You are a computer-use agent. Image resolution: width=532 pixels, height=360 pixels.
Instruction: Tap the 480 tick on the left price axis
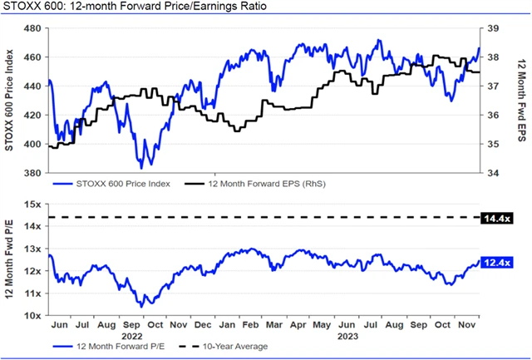tap(32, 28)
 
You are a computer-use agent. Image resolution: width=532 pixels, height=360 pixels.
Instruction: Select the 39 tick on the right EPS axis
tap(494, 28)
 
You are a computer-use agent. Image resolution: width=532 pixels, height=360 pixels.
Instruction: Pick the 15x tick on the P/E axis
tap(34, 204)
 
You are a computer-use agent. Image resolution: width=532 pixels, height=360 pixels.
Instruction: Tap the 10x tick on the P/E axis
tap(34, 316)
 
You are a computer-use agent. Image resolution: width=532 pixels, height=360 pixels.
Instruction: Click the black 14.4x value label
tap(496, 218)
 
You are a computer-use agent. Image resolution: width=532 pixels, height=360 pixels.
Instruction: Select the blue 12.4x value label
tap(496, 263)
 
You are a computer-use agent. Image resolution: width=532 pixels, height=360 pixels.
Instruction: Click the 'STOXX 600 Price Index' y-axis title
tap(10, 101)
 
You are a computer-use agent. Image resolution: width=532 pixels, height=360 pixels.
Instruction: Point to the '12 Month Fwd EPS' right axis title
tap(521, 101)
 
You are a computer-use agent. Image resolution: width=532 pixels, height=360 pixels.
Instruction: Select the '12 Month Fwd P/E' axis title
tap(10, 259)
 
